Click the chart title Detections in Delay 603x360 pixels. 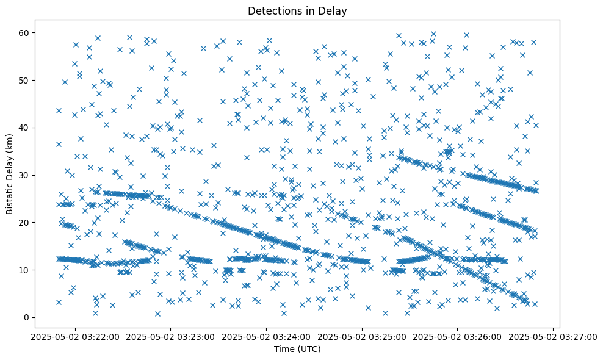click(x=297, y=10)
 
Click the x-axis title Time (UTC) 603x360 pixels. click(x=297, y=350)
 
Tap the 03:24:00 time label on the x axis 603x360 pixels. click(x=267, y=337)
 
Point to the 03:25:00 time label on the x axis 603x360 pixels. click(x=362, y=337)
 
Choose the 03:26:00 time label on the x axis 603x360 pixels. click(x=458, y=337)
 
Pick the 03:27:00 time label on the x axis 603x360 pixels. click(x=553, y=337)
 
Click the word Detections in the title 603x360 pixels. click(x=273, y=10)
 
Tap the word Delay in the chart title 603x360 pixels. click(x=335, y=10)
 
